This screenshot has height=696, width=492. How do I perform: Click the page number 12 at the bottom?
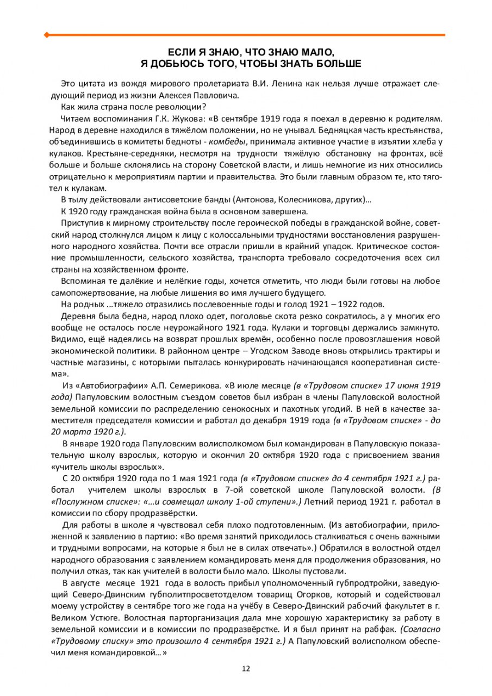(246, 669)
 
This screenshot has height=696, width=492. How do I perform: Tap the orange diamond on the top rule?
(46, 35)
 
